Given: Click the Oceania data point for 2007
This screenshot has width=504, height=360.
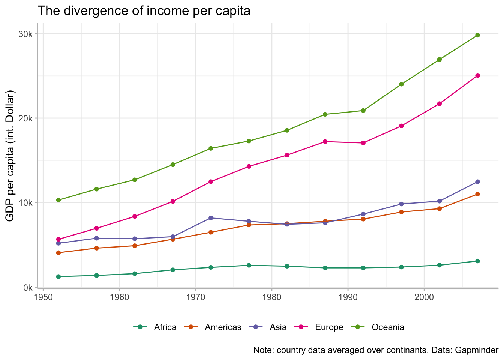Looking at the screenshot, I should coord(477,35).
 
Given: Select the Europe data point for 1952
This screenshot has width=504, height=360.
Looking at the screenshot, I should coord(58,239).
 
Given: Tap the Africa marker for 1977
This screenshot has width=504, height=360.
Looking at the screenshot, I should coord(249,265).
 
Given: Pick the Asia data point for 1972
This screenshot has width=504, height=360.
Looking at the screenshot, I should coord(211,218).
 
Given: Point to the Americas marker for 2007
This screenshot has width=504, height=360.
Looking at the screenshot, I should coord(477,194).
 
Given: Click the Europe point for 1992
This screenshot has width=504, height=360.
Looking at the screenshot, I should coord(363,143).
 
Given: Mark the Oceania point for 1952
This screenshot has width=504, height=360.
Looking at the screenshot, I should coord(58,200).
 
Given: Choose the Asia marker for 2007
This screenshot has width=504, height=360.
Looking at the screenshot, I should coord(477,182).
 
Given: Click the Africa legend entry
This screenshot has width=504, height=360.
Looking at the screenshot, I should coord(165,327).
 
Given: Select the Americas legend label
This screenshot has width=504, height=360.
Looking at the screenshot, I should coord(223,327).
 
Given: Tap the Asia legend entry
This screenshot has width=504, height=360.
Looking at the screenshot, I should coord(278,327).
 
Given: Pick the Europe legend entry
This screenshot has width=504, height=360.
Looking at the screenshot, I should coord(329,327).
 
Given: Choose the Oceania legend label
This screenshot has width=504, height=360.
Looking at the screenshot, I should coord(388,327).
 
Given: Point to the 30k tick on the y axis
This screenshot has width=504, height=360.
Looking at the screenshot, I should coord(27,34).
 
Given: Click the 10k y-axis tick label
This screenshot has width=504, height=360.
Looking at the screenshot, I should coord(27,203).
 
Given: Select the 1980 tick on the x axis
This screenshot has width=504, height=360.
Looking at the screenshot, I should coord(272,296).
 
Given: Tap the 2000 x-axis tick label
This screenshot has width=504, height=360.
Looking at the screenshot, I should coord(424,296).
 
